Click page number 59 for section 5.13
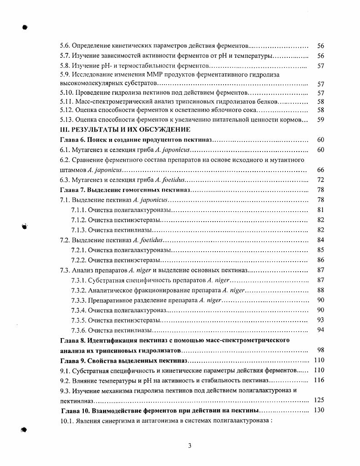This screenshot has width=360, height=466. pos(320,120)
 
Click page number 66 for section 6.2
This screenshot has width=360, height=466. pos(320,170)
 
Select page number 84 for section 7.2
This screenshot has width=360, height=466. pos(320,240)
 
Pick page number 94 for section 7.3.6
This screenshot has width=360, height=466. pos(320,330)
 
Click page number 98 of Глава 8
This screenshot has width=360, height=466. pos(320,350)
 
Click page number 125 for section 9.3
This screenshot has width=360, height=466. pos(319,400)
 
